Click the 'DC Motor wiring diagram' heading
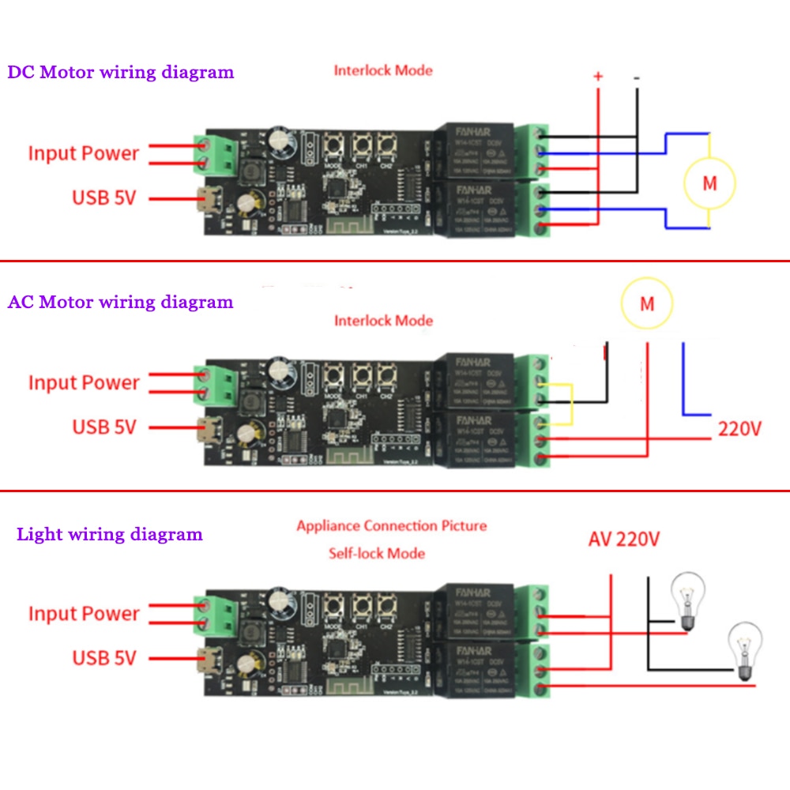[121, 73]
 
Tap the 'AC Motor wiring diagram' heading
[121, 302]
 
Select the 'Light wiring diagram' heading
[110, 535]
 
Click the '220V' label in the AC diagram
[739, 430]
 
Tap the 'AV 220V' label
[624, 540]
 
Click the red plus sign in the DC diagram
[598, 77]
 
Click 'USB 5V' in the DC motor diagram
[104, 197]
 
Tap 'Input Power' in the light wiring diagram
[84, 614]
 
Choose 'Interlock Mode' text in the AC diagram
[383, 321]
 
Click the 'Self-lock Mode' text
[377, 553]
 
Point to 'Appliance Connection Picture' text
[392, 525]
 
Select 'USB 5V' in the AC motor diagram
[104, 427]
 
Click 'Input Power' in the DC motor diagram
[84, 153]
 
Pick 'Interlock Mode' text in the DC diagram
[383, 70]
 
